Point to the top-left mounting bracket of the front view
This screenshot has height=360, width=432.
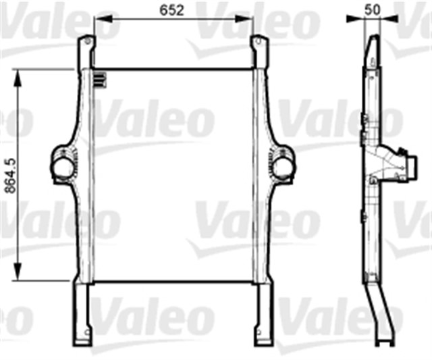[x=85, y=51]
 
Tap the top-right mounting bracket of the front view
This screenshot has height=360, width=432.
[x=260, y=51]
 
